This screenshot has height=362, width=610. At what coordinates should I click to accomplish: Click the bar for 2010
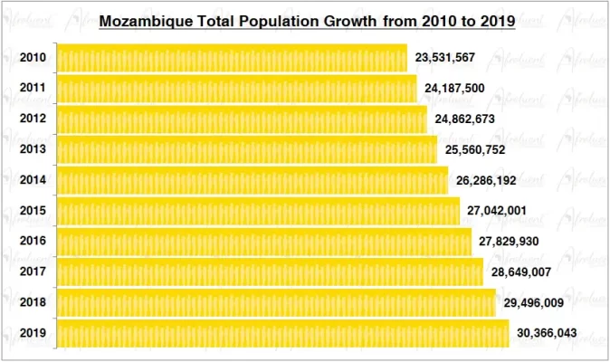click(x=232, y=58)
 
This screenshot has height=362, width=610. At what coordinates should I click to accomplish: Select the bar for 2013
click(x=246, y=149)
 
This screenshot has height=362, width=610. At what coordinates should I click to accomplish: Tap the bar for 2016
click(x=264, y=242)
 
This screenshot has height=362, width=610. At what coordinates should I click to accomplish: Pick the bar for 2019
click(x=282, y=333)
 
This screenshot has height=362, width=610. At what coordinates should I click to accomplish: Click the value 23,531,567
click(x=444, y=58)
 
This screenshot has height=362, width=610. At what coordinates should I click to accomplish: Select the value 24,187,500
click(x=454, y=89)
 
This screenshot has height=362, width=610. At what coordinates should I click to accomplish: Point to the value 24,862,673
click(x=464, y=119)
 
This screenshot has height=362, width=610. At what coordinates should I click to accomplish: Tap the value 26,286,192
click(x=486, y=181)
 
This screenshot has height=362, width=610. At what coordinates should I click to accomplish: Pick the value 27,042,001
click(x=497, y=211)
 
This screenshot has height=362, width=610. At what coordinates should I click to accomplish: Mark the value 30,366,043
click(x=547, y=334)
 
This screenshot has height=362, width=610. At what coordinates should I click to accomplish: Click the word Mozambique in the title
click(x=140, y=20)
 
